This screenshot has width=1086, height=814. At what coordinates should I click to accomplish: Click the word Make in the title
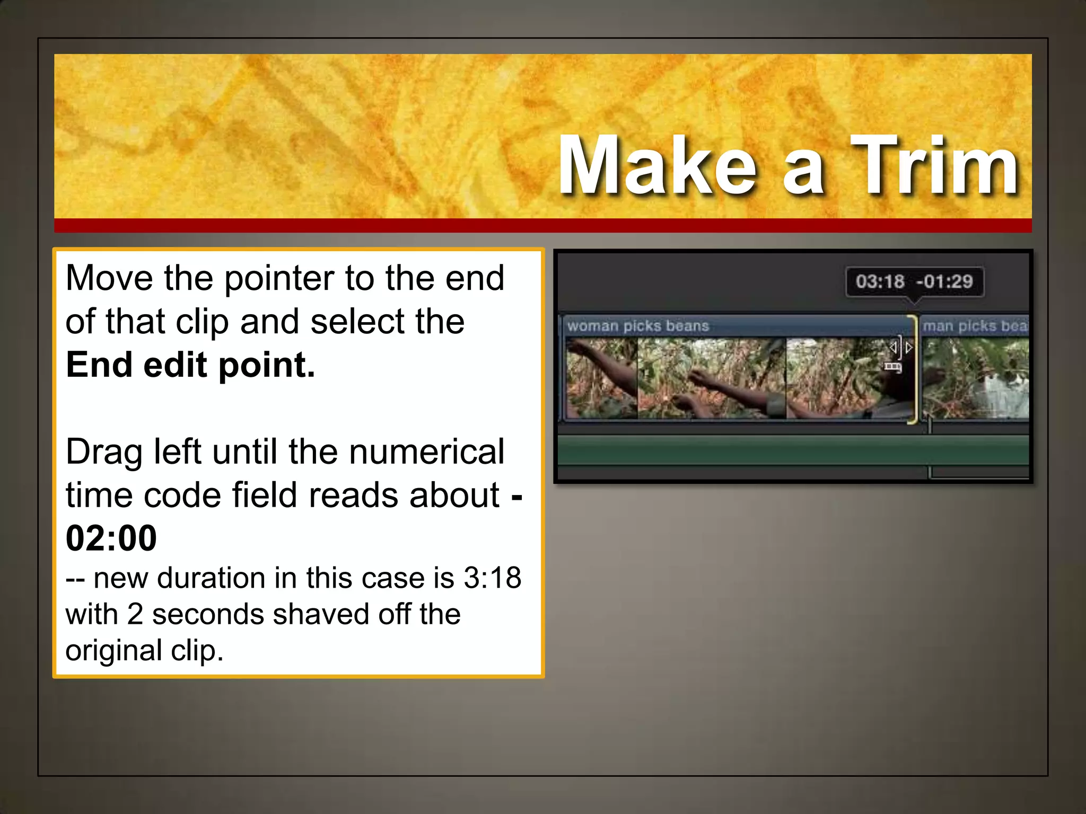[658, 165]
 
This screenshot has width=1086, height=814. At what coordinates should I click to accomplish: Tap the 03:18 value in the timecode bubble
[879, 281]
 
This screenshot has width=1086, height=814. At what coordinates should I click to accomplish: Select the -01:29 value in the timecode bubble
[944, 281]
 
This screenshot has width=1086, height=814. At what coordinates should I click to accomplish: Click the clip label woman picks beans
[638, 325]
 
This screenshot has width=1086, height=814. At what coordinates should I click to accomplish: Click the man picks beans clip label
[975, 325]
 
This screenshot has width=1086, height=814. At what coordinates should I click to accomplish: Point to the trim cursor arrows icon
[900, 348]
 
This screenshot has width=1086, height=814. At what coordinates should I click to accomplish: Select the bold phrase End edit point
[190, 365]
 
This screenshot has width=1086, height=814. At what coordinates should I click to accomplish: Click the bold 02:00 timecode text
[111, 538]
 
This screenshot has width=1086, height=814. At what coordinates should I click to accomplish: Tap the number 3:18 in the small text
[492, 578]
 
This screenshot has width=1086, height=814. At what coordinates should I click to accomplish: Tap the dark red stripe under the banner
[542, 225]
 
